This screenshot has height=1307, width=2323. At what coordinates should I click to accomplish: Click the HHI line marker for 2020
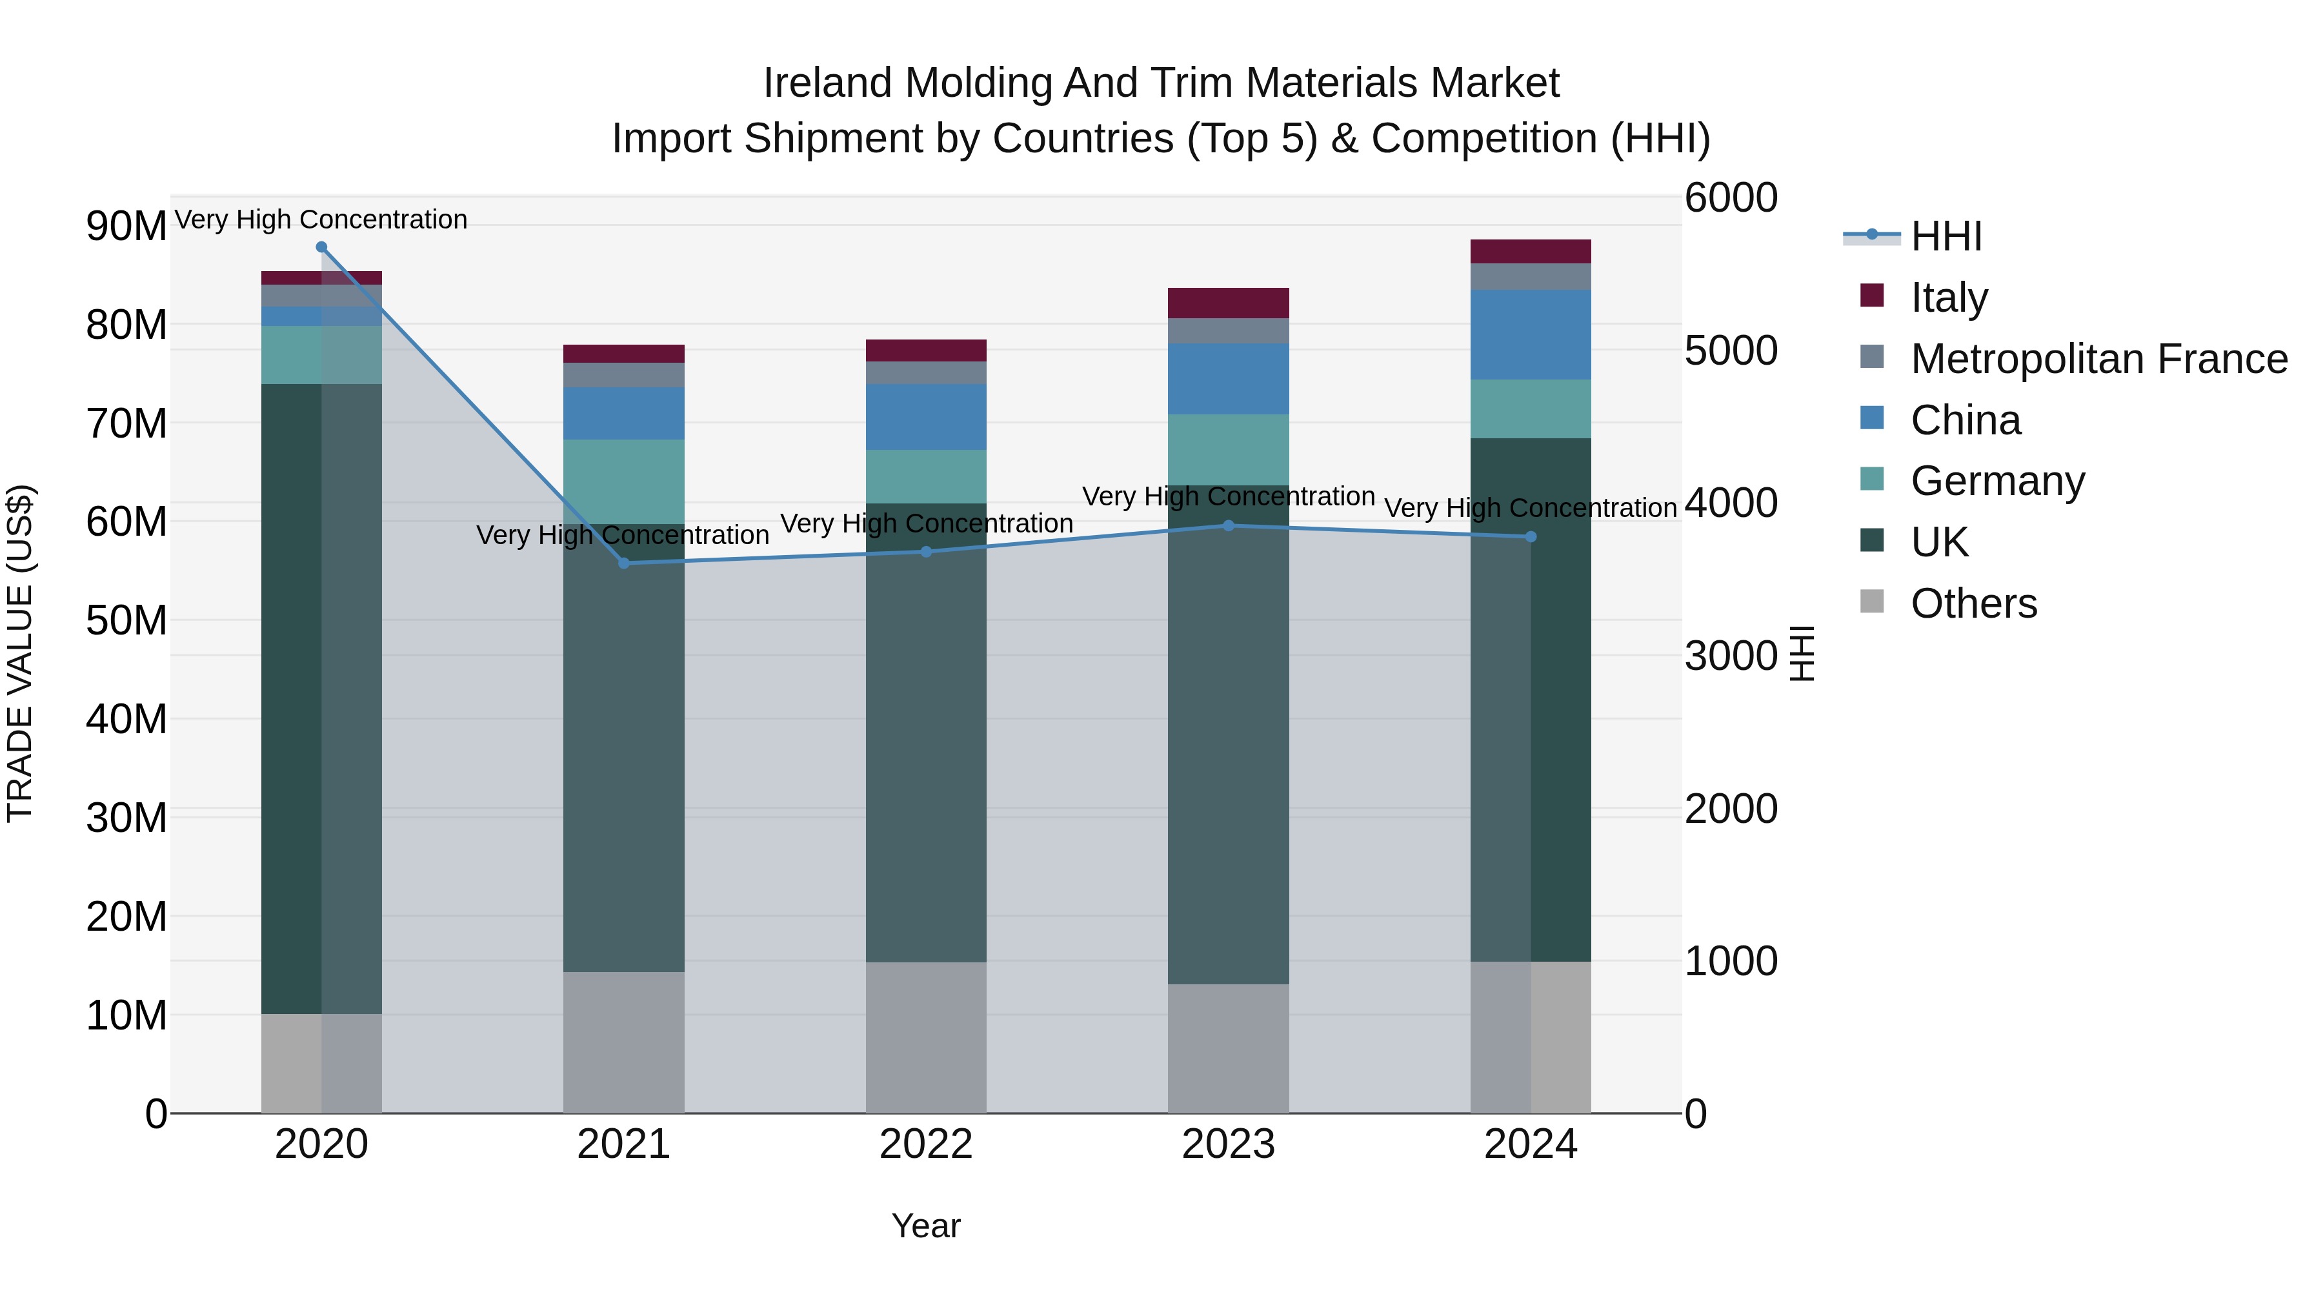321,247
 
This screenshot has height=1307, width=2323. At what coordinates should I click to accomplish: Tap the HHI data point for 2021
624,563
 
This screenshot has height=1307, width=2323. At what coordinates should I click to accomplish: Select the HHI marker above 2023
1228,526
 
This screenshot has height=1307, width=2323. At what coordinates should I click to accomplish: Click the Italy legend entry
1949,297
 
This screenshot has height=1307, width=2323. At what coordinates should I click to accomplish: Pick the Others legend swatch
1872,602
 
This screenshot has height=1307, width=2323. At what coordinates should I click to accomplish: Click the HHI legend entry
1945,236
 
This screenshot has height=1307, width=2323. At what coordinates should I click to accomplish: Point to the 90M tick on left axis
126,225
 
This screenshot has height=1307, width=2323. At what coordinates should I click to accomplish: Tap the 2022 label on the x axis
926,1144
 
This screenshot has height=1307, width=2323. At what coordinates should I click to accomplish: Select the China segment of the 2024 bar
1531,334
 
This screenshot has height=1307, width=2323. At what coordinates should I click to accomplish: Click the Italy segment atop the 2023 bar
1228,303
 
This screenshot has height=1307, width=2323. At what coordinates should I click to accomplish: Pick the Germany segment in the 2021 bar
624,481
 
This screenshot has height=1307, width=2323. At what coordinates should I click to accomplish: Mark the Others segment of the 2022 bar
926,1037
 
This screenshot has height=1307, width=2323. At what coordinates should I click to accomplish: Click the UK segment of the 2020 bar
321,699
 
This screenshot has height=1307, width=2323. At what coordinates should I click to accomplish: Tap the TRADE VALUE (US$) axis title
20,653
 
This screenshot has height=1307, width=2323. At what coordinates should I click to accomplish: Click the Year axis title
926,1226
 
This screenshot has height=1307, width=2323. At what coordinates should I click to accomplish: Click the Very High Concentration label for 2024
1531,508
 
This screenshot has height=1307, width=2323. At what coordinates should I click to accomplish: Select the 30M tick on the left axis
126,818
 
